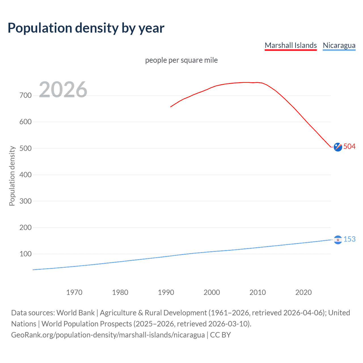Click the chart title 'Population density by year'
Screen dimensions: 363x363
tap(86, 28)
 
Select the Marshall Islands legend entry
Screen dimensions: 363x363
tap(290, 45)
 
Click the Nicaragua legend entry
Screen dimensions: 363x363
tap(339, 45)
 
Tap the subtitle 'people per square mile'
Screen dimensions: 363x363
tap(181, 60)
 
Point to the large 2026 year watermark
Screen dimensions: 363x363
tap(63, 90)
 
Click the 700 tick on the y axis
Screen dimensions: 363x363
tap(26, 95)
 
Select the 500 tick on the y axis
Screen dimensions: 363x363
tap(26, 148)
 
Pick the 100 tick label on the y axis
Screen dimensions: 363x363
tap(26, 254)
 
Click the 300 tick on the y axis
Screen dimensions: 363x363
tap(26, 201)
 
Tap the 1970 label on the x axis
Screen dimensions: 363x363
tap(74, 292)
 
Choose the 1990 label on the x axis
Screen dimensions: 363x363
tap(166, 292)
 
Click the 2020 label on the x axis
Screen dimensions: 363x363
tap(303, 292)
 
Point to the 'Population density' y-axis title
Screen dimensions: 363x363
tap(12, 176)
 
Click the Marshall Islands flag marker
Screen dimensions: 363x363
tap(338, 147)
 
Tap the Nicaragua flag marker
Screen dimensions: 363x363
tap(338, 240)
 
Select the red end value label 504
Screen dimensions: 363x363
tap(349, 146)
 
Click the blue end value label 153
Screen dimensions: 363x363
tap(349, 239)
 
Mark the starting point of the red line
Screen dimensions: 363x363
tap(170, 107)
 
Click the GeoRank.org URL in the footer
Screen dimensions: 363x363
tap(108, 335)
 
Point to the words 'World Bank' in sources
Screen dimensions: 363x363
tap(75, 313)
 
